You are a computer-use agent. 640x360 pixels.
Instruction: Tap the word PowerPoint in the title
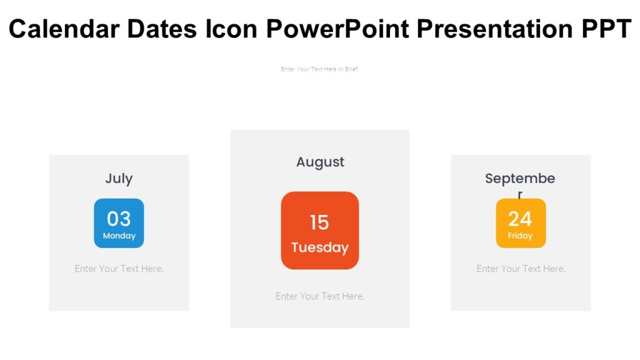338,29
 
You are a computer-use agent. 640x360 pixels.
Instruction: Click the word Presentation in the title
492,29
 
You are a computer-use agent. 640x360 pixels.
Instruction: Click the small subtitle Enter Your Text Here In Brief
320,69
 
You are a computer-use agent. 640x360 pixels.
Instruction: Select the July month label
119,179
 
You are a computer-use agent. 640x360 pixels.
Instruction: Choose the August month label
320,162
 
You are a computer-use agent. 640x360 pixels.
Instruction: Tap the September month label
520,179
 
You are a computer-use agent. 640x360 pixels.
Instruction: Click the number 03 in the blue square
119,219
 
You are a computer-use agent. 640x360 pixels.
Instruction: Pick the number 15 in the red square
319,222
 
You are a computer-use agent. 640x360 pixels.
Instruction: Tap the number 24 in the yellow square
520,219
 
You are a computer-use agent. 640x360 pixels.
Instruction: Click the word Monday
119,236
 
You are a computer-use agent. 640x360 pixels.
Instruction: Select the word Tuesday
319,247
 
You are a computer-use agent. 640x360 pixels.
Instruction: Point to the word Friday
520,236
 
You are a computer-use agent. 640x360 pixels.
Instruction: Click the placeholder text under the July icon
119,269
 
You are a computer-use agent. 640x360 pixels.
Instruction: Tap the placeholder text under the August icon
320,296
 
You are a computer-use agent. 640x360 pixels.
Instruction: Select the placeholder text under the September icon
521,269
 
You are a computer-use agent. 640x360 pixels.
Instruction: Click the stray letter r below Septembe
520,194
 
